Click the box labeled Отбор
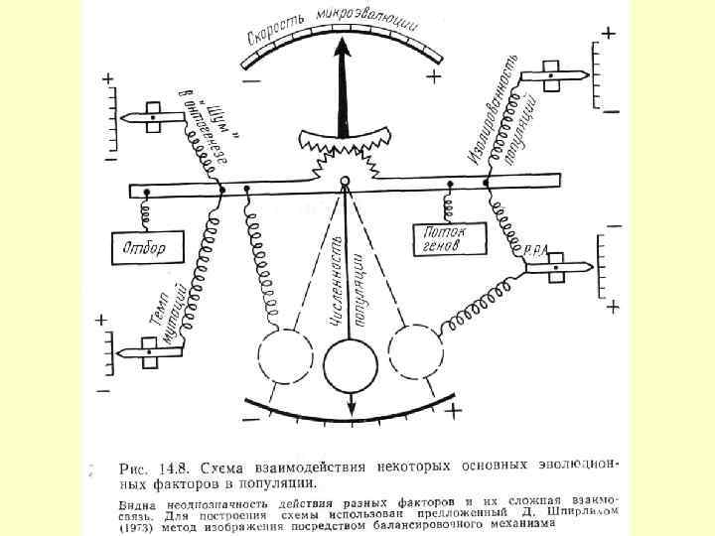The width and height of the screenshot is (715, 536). pos(147,244)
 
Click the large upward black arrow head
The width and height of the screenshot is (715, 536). pos(346,50)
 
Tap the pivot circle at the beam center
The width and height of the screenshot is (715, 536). pos(345,183)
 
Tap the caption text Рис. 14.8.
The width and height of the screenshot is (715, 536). pos(152,468)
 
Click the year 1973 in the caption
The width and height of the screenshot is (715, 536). pos(141,527)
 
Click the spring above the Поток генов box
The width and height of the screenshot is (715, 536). pos(449,204)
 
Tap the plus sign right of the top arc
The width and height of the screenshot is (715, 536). pos(434,76)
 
